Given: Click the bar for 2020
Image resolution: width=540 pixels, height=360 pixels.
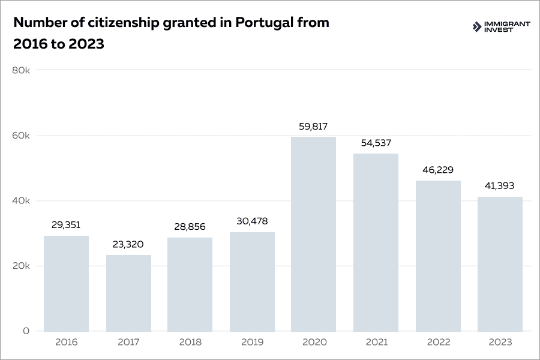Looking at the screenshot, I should coord(313,234).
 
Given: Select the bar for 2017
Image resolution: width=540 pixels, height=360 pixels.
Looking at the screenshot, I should coord(128,293).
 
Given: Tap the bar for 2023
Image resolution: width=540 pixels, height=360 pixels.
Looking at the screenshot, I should coord(500,264).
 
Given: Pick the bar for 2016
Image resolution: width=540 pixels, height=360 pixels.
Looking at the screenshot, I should coord(66,283).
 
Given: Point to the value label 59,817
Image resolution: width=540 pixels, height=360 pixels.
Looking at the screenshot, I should coord(313,127).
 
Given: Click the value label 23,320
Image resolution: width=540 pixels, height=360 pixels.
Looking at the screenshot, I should coord(128,245).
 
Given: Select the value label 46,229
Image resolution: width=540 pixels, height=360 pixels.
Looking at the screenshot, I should coord(438,170).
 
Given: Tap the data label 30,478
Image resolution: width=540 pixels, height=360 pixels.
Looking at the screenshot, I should coord(251,221).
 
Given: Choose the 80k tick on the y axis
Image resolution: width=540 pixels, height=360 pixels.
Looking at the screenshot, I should coord(21,70).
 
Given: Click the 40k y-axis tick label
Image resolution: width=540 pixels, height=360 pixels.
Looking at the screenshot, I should coord(21,200).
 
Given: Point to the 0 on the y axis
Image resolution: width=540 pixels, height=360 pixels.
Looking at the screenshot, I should coord(26,331).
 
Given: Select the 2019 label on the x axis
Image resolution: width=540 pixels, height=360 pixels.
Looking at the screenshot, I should coord(251,343).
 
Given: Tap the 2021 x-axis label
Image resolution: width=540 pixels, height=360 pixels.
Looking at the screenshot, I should coord(376,343).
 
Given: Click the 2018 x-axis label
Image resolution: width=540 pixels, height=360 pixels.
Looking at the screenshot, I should coord(190,343).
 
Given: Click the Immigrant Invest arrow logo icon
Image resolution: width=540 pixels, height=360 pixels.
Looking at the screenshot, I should coord(477,27).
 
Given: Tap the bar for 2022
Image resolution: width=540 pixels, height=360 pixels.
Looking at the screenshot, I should coord(438,256).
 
